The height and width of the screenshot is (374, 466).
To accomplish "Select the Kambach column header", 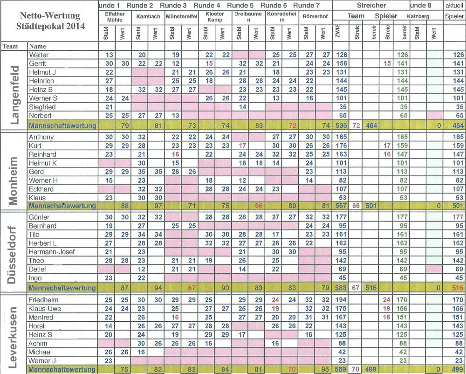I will (148, 16).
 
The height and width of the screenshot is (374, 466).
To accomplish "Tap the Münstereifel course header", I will (182, 16).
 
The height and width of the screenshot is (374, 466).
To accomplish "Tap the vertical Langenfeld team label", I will (14, 89).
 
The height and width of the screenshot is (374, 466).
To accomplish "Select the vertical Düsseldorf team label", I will (14, 252).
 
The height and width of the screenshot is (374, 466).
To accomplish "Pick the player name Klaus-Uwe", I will (45, 309).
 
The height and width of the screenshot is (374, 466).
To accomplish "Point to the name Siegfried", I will (43, 106).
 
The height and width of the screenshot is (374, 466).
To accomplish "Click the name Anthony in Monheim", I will (41, 137).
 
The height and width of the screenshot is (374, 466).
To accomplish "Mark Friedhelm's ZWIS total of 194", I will (342, 300).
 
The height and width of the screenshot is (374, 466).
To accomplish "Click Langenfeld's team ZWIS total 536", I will (342, 125).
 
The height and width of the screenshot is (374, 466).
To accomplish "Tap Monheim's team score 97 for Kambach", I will (158, 206).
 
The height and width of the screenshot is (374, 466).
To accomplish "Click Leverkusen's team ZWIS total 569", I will (342, 369).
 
